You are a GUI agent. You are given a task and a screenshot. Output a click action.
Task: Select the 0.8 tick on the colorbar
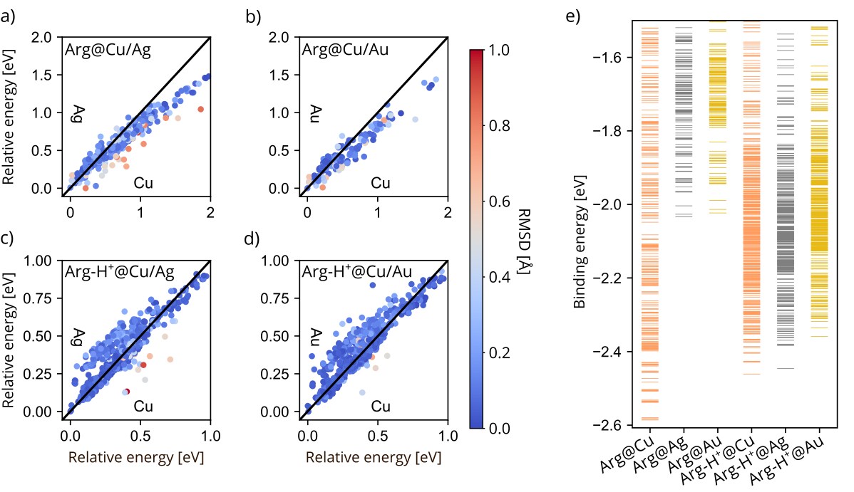pyautogui.click(x=500, y=126)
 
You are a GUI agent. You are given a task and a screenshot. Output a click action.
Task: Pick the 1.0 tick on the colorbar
pyautogui.click(x=500, y=51)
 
